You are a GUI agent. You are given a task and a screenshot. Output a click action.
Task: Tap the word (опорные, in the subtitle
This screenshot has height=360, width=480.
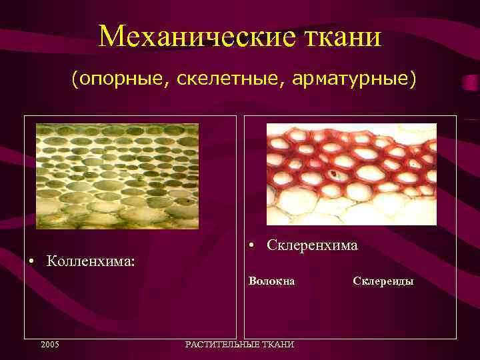pos(111,79)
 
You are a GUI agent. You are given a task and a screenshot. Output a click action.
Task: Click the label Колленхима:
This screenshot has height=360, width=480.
pos(91,259)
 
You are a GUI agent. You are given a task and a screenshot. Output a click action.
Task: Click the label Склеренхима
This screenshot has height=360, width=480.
pos(312,245)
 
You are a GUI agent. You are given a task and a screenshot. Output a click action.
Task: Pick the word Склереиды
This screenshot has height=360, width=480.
pos(383,281)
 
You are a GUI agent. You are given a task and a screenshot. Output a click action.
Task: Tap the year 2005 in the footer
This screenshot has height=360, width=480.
pos(49,345)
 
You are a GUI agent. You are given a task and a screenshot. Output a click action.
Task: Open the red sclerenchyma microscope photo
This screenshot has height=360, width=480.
pos(351,174)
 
